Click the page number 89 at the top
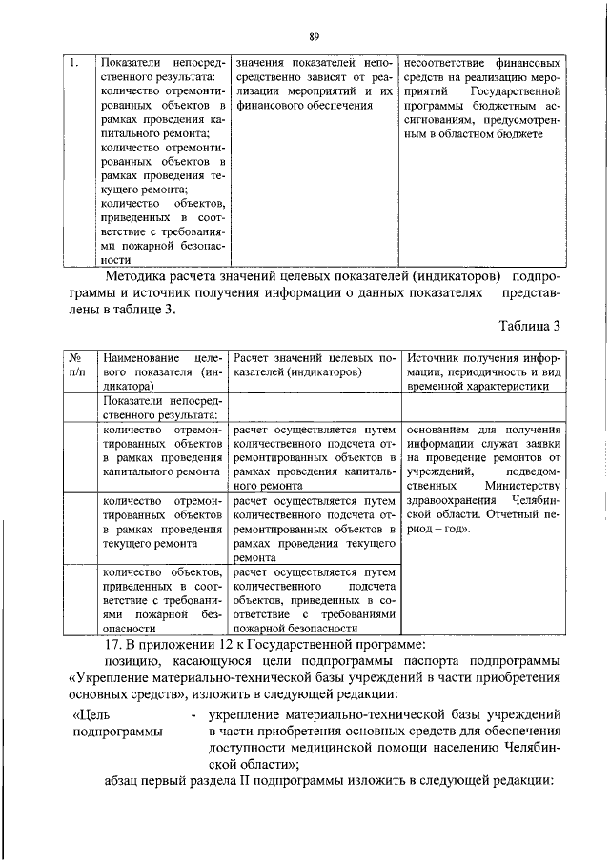point(312,36)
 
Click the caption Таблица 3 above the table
point(520,326)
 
